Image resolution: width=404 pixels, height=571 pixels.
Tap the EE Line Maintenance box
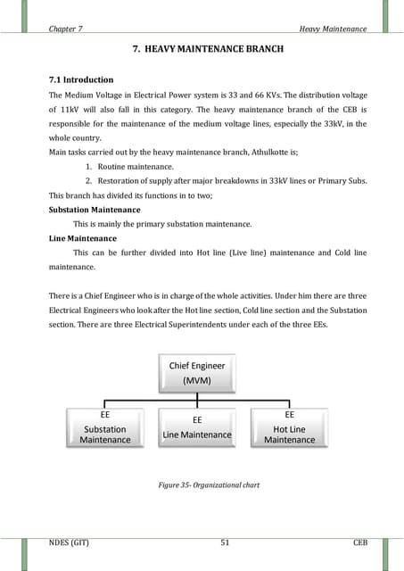point(197,427)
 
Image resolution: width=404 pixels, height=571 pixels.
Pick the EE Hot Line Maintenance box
point(289,427)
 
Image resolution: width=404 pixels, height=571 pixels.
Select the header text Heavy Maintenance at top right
point(333,29)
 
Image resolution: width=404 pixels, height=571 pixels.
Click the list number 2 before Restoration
point(89,181)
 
